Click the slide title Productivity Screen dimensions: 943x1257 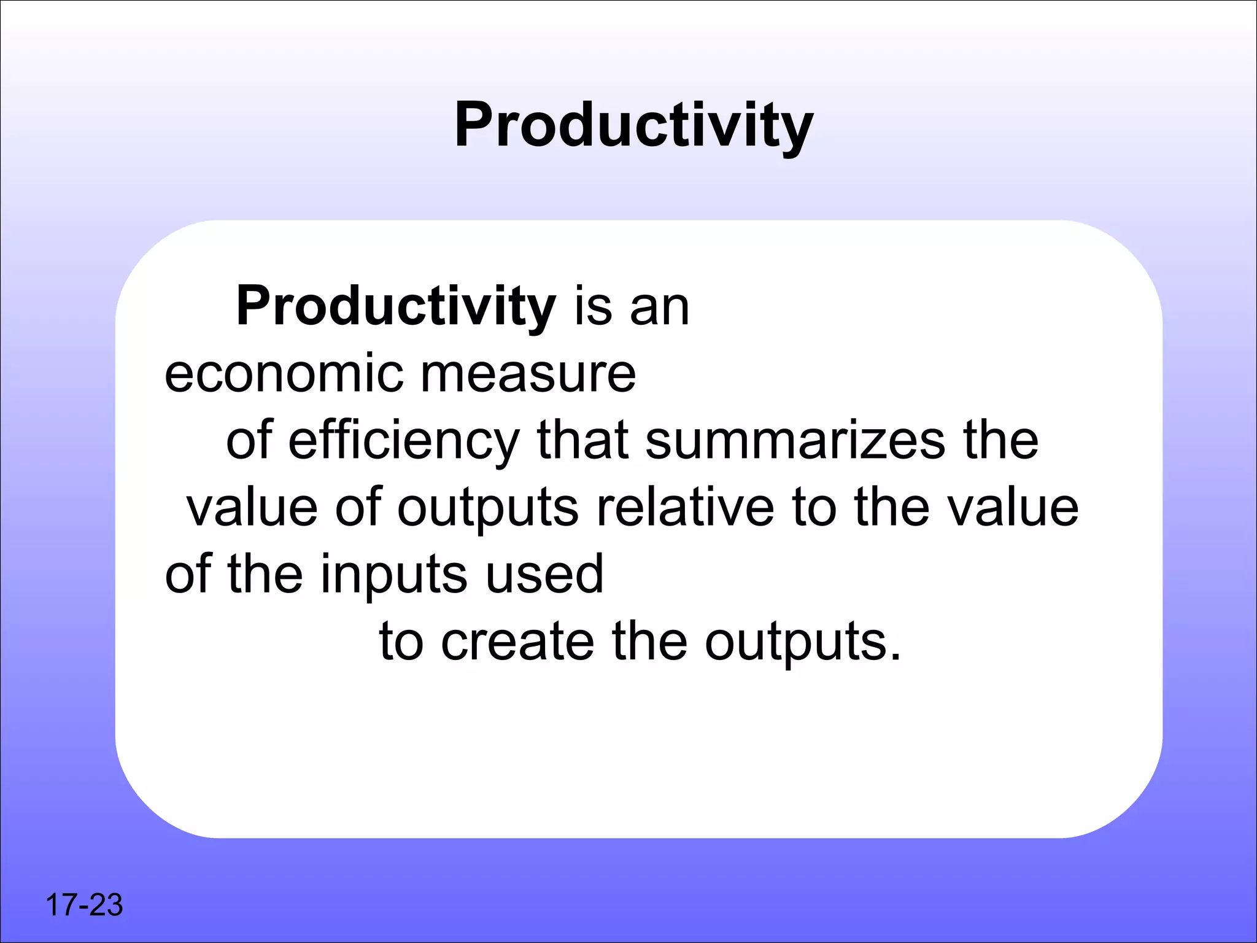coord(633,126)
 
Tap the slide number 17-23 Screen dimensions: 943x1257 coord(84,905)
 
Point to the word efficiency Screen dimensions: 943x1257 coord(404,441)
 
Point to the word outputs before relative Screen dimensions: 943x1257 coord(488,508)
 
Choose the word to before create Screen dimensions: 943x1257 coord(401,642)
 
